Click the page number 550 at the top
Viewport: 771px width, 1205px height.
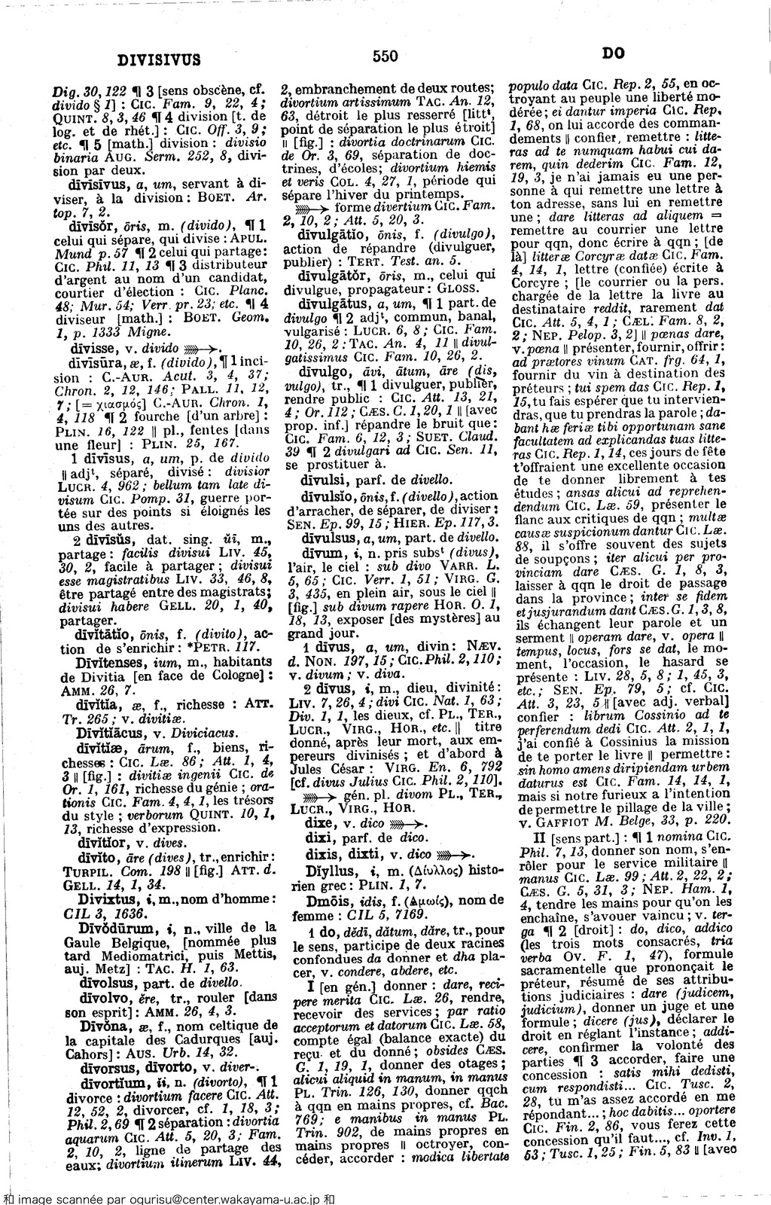(384, 56)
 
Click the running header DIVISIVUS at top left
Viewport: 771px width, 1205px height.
(159, 59)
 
